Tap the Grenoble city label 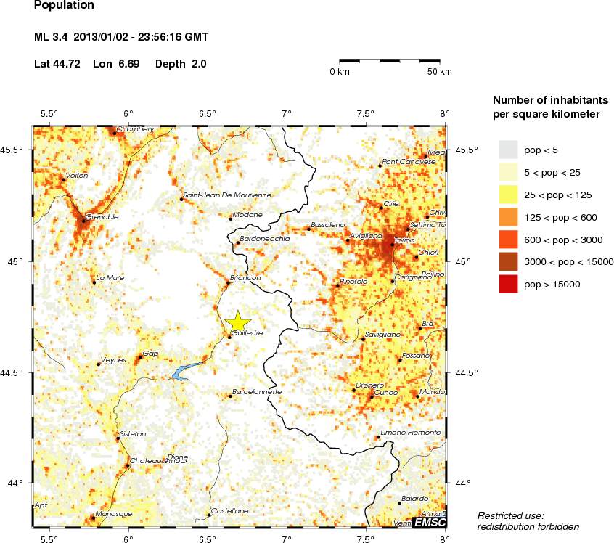[102, 216]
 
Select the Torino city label [404, 240]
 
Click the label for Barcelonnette [257, 391]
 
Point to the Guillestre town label [247, 333]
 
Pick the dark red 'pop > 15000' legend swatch [509, 285]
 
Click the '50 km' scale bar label [439, 72]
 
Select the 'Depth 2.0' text [181, 64]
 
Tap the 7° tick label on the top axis [286, 113]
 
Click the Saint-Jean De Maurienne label [227, 195]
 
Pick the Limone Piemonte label [411, 433]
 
